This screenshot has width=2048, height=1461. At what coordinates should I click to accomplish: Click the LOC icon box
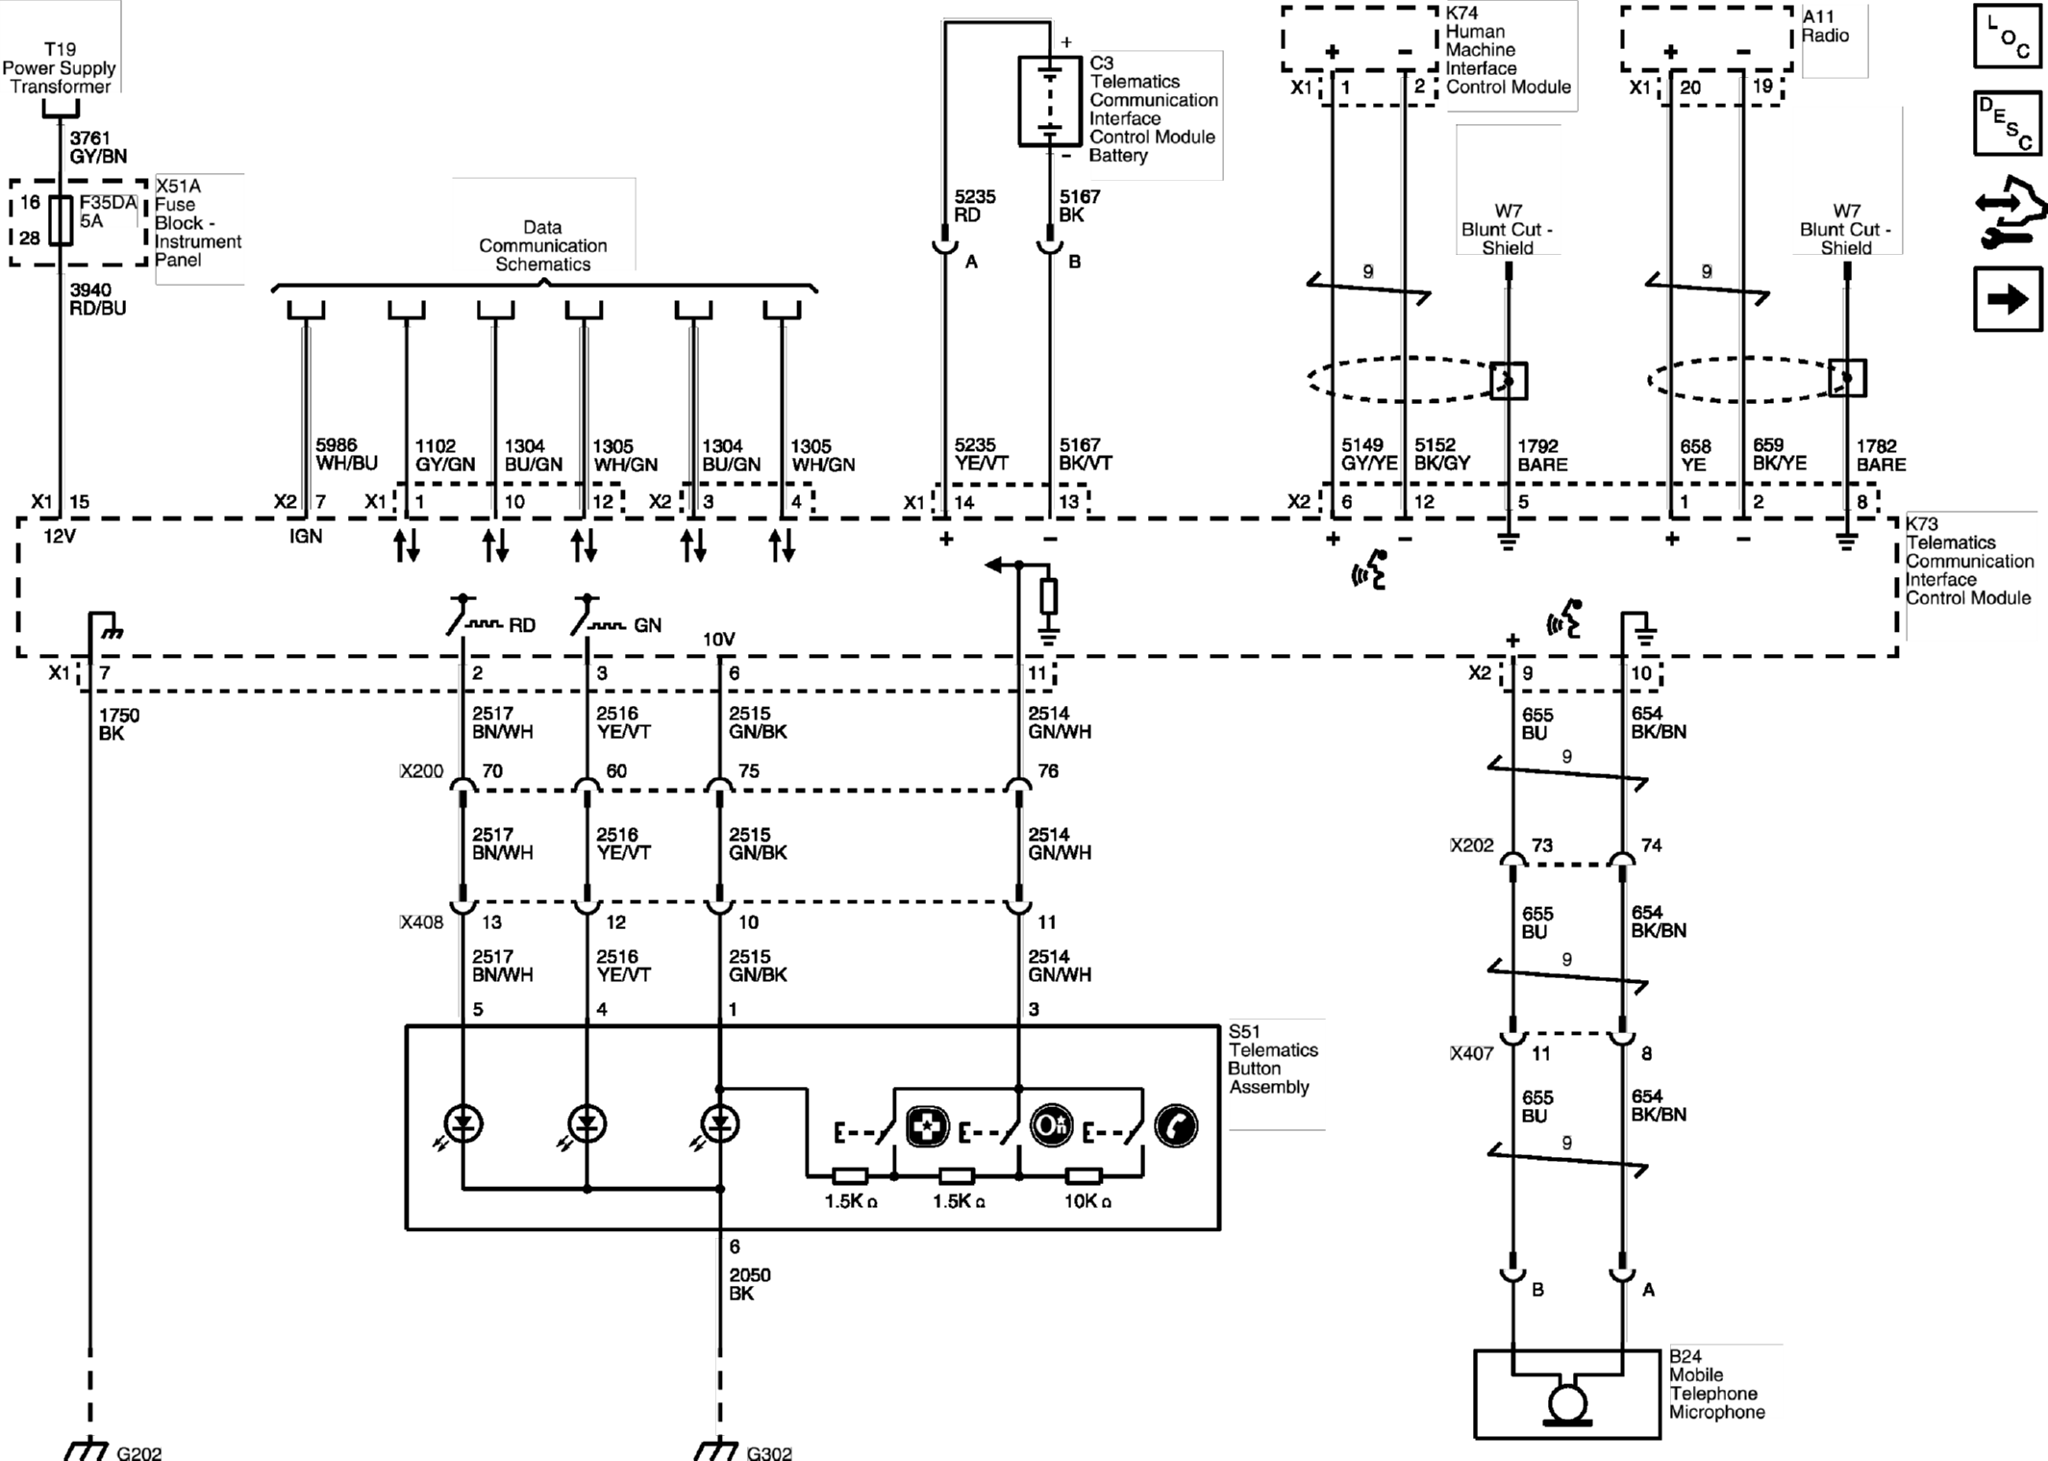click(2007, 36)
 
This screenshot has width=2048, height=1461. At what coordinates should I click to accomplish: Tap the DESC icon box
click(2007, 123)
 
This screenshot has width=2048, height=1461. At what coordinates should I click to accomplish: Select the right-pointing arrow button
click(2007, 299)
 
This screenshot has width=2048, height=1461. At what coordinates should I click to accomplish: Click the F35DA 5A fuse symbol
click(61, 220)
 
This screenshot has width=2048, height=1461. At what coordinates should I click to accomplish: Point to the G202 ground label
click(138, 1452)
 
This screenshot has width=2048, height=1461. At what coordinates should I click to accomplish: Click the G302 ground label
click(769, 1452)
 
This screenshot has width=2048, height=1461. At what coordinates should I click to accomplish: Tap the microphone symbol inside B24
click(1567, 1403)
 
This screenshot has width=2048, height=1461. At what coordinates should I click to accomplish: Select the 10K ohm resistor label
click(1087, 1201)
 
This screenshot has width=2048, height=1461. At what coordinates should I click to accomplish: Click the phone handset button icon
click(1175, 1126)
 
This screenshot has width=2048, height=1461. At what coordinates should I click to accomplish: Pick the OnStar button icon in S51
click(1051, 1125)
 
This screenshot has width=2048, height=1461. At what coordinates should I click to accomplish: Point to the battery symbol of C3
click(1049, 100)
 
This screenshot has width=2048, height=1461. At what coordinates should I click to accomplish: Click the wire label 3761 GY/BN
click(97, 147)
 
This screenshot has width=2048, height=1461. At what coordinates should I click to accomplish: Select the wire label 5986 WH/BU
click(346, 454)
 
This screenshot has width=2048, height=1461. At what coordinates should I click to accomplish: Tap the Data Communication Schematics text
click(542, 246)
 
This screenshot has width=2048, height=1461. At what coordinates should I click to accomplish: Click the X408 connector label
click(422, 922)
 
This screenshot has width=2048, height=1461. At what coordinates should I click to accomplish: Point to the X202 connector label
click(1472, 845)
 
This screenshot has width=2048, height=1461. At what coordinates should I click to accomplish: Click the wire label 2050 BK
click(749, 1284)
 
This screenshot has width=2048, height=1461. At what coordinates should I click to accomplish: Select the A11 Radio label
click(1824, 26)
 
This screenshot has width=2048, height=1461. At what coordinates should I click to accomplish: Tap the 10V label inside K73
click(718, 640)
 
